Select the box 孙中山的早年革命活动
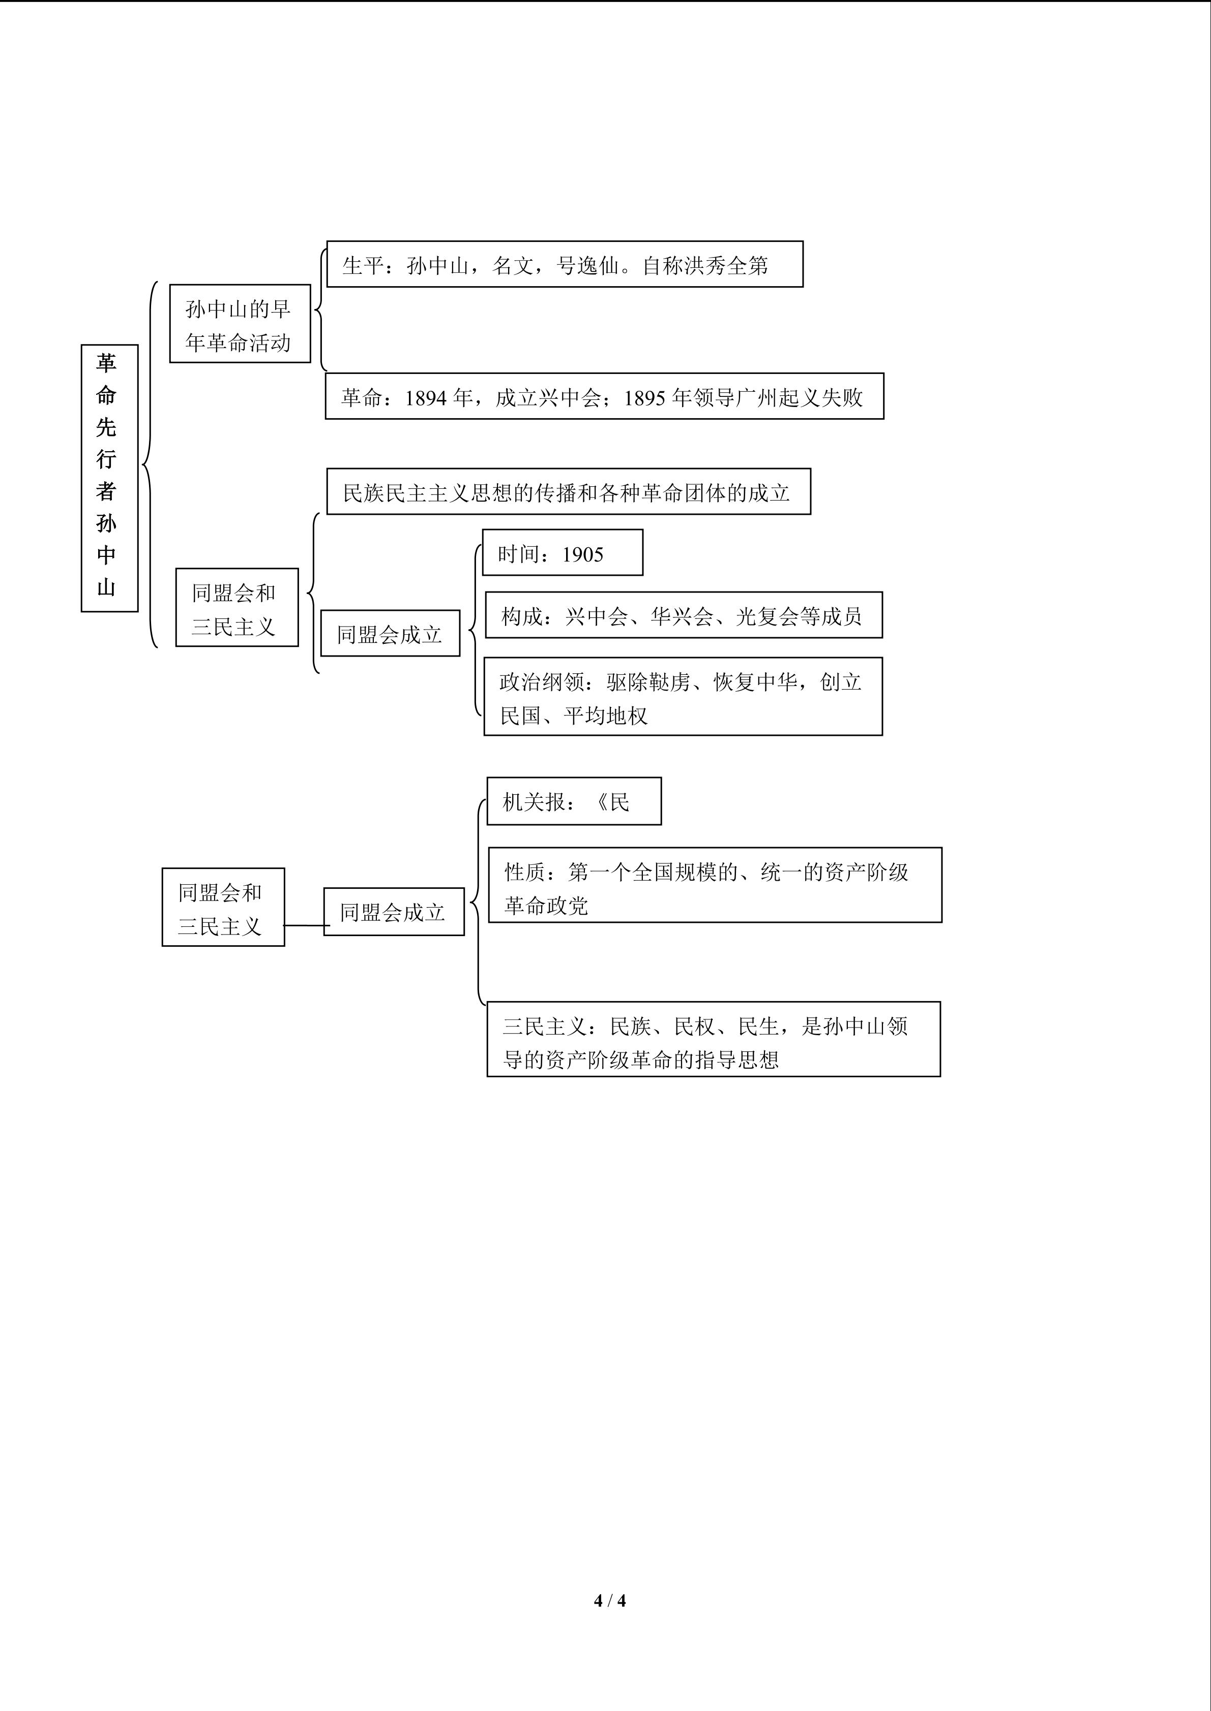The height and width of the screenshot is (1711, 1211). point(240,323)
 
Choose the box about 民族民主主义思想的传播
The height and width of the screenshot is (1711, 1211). point(568,492)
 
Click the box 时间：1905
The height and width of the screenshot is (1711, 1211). point(562,553)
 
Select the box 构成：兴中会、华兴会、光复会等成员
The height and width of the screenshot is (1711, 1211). point(683,615)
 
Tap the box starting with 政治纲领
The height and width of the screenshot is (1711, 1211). point(683,697)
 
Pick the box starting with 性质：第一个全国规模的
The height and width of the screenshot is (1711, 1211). point(715,885)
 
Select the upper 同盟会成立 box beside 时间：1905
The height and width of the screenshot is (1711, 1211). point(390,633)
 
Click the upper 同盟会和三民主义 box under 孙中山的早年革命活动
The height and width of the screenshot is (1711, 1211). point(237,607)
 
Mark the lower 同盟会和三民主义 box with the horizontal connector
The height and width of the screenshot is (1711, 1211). point(223,908)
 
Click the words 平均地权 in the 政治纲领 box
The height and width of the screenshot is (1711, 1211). point(605,716)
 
